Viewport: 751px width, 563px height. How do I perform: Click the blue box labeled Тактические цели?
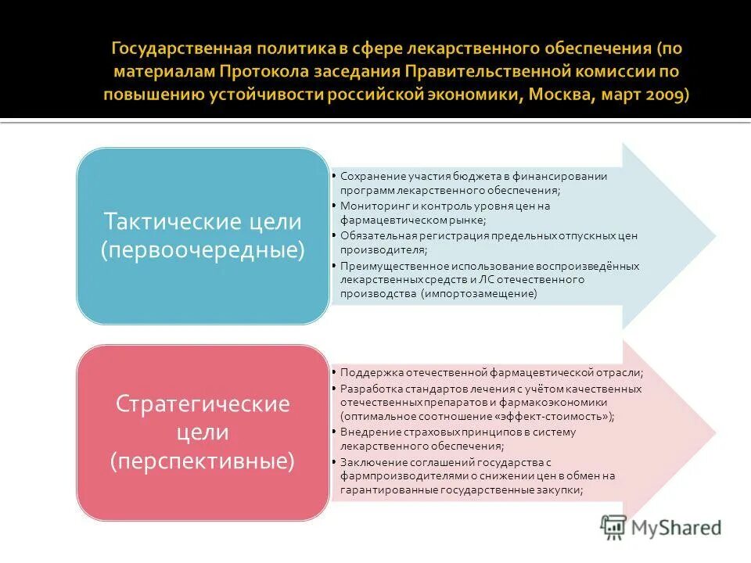point(202,235)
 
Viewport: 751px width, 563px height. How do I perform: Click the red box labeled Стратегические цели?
point(202,432)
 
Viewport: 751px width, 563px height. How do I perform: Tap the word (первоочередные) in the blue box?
point(202,251)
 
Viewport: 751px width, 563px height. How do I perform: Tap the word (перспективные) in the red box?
point(202,461)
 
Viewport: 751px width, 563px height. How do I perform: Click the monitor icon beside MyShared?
point(614,528)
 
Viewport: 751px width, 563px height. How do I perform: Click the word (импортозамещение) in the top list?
point(479,293)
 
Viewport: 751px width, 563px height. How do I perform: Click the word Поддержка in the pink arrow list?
point(367,373)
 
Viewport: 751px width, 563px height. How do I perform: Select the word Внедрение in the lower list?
point(367,432)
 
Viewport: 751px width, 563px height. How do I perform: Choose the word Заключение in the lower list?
point(368,461)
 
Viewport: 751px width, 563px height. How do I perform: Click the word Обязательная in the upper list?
point(374,235)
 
